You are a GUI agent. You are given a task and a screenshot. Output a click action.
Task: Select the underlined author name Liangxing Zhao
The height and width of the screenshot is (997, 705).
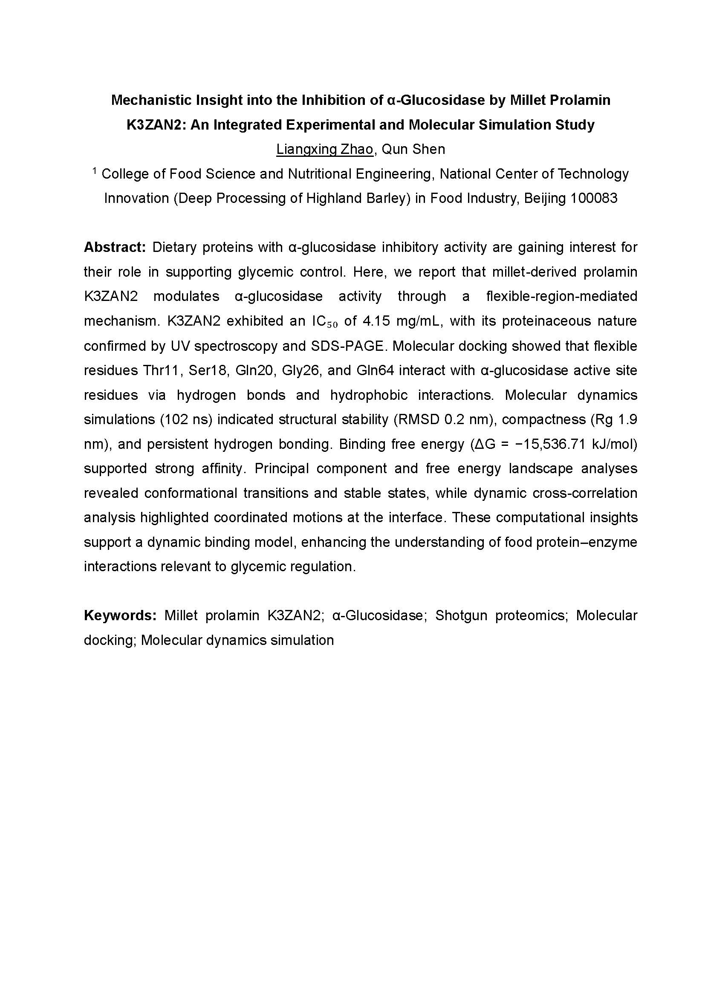pyautogui.click(x=325, y=149)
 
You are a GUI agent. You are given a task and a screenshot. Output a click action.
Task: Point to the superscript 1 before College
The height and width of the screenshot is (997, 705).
pyautogui.click(x=95, y=171)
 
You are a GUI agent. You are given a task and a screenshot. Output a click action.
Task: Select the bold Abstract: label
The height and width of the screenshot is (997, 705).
pyautogui.click(x=115, y=248)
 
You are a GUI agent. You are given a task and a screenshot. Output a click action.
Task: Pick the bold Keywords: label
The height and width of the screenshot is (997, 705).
pyautogui.click(x=120, y=616)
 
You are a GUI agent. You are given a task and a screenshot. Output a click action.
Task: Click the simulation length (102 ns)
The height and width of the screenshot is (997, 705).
pyautogui.click(x=186, y=419)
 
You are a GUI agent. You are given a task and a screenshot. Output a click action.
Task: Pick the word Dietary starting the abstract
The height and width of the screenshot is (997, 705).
pyautogui.click(x=173, y=248)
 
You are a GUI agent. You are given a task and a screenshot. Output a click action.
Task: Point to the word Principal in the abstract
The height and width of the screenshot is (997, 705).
pyautogui.click(x=282, y=468)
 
